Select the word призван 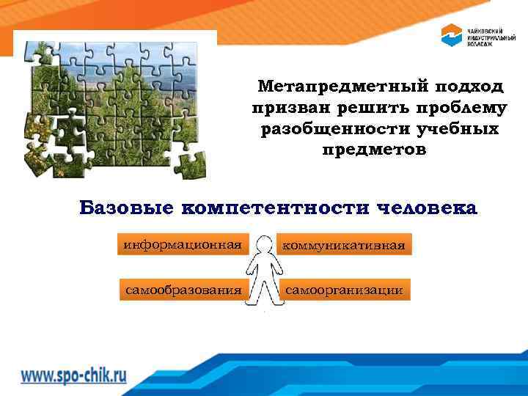click(x=287, y=109)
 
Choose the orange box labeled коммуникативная click(x=344, y=244)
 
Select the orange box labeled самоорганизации click(x=344, y=290)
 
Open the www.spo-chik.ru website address click(x=73, y=375)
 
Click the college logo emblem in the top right click(x=450, y=34)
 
